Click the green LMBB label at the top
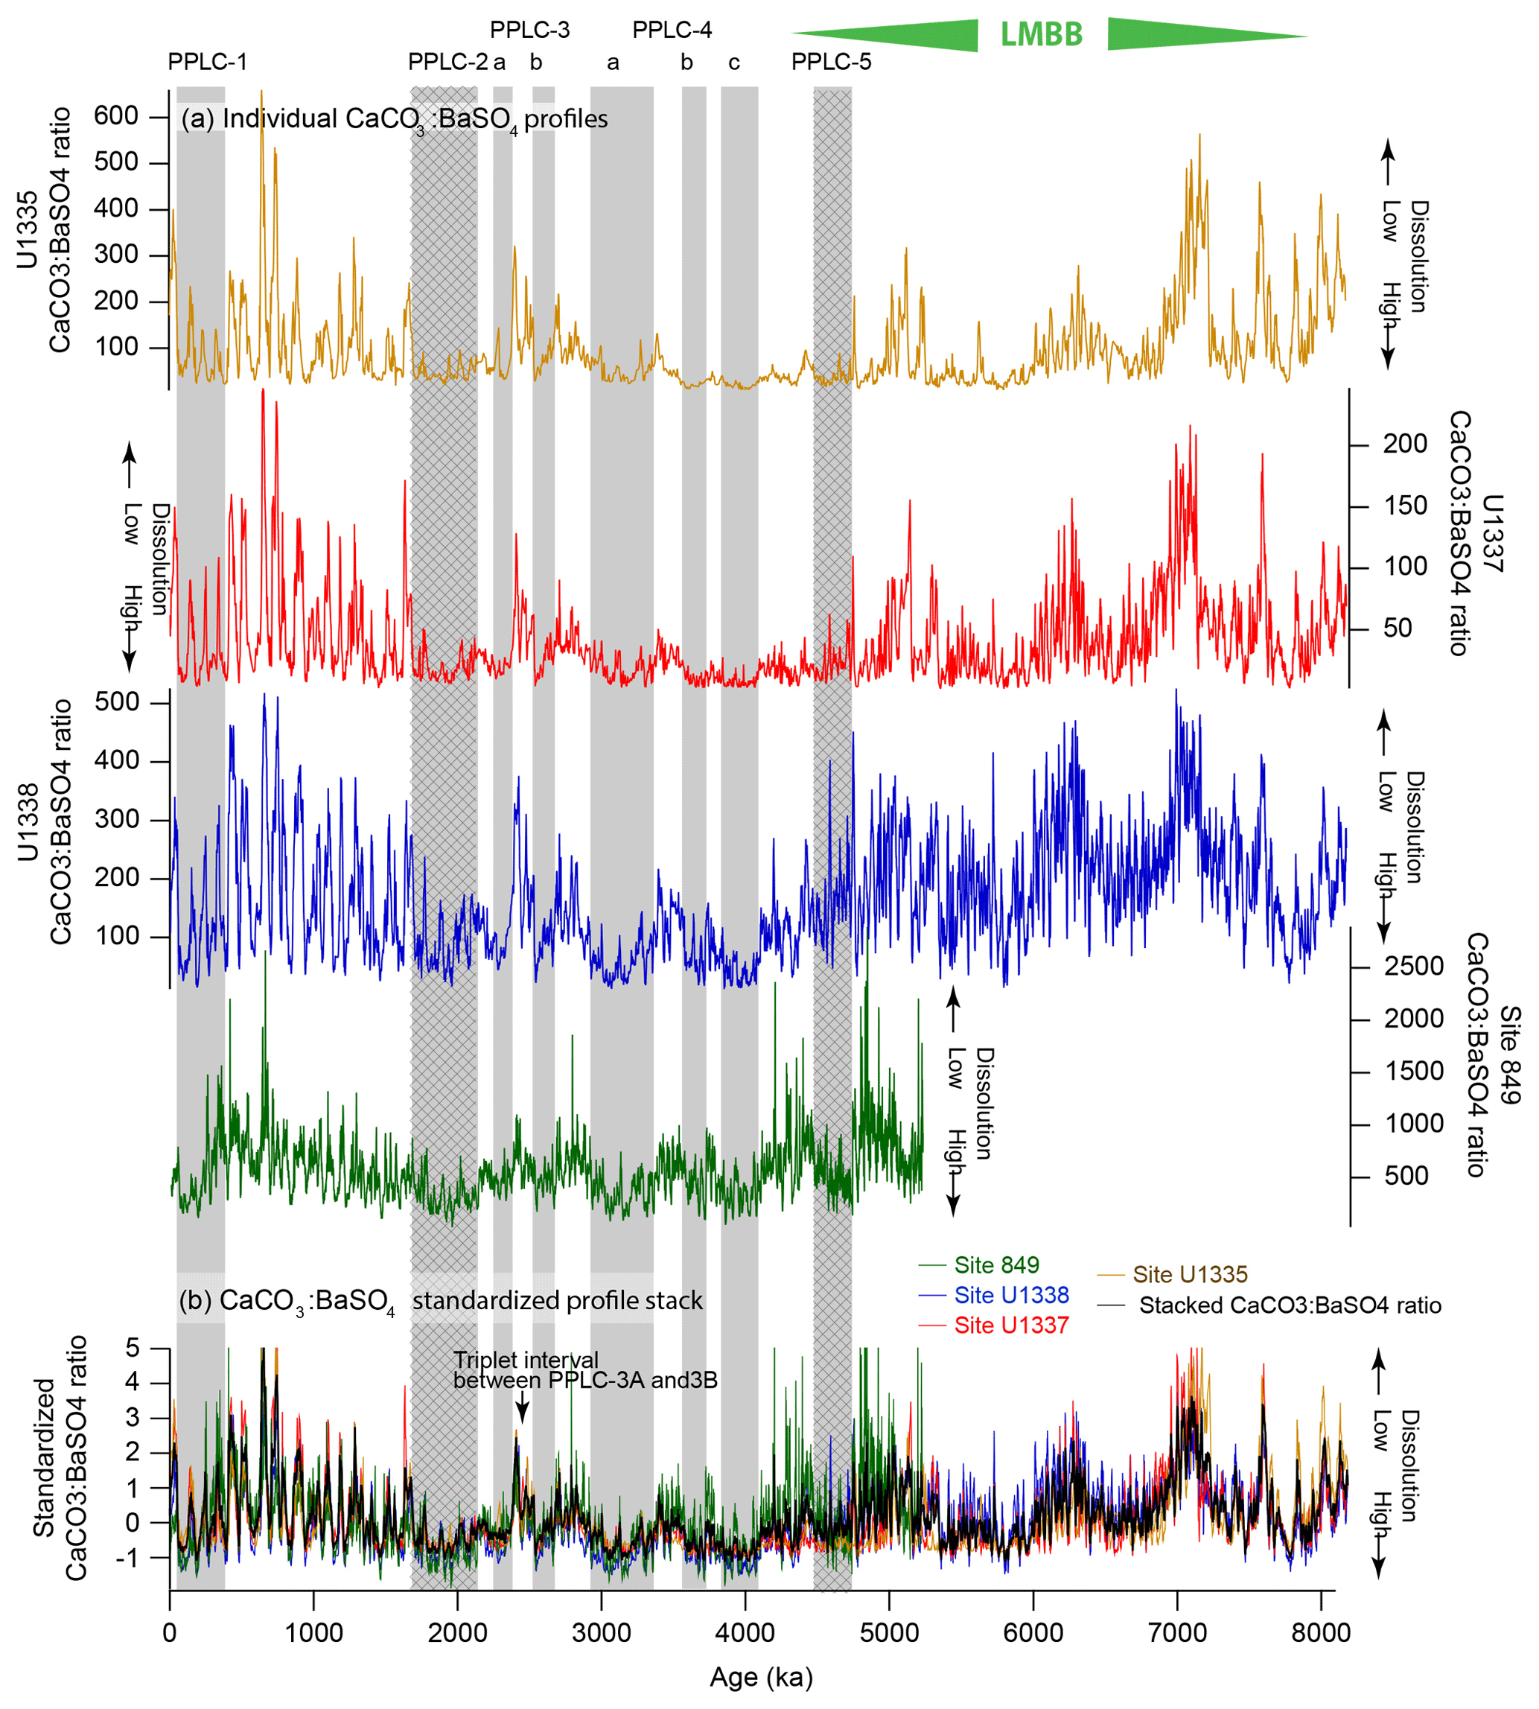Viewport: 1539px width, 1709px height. pos(1041,35)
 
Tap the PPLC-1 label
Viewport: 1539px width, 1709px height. pos(207,62)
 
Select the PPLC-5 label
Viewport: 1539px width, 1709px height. pos(830,62)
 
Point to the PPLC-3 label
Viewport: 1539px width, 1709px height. pos(529,31)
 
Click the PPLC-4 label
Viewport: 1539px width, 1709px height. pos(672,31)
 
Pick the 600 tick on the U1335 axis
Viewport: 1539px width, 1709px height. pos(116,116)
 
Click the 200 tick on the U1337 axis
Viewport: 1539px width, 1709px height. pos(1404,444)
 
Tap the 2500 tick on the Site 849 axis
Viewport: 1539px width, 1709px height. pos(1413,967)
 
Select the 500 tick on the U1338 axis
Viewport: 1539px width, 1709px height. pos(117,702)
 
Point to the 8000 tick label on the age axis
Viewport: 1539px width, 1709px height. pos(1321,1632)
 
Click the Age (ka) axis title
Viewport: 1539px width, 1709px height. pos(761,1677)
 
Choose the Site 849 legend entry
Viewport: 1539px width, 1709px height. pos(996,1265)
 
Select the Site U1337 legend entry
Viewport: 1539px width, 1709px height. pos(1011,1325)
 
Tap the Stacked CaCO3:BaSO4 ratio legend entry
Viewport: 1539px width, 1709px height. pos(1290,1305)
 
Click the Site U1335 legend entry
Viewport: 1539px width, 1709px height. pos(1190,1274)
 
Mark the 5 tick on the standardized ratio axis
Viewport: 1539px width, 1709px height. pos(132,1347)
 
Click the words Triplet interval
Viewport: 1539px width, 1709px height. pos(525,1360)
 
